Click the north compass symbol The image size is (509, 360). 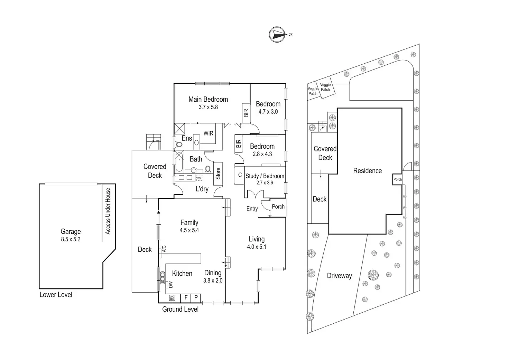tap(277, 35)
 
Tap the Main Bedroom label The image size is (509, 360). tap(208, 100)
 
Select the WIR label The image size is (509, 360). tap(208, 133)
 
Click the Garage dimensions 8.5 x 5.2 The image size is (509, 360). tap(71, 239)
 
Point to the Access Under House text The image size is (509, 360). tap(108, 211)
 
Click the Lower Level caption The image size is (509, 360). tap(56, 295)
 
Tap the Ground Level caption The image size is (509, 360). tap(180, 310)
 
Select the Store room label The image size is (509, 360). tap(218, 174)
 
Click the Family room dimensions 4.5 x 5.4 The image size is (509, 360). tap(189, 230)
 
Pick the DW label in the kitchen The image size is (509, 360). tap(170, 285)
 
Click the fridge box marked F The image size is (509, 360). tap(186, 297)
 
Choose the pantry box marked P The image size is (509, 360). tap(196, 297)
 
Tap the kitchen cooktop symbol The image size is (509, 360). tap(172, 297)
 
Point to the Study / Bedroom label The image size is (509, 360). tap(265, 176)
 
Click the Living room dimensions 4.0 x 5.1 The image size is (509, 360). tap(257, 247)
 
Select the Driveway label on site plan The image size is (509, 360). tap(339, 276)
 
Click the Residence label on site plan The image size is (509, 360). tap(367, 171)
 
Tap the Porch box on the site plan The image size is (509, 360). tap(398, 179)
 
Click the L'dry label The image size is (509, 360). tap(202, 189)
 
